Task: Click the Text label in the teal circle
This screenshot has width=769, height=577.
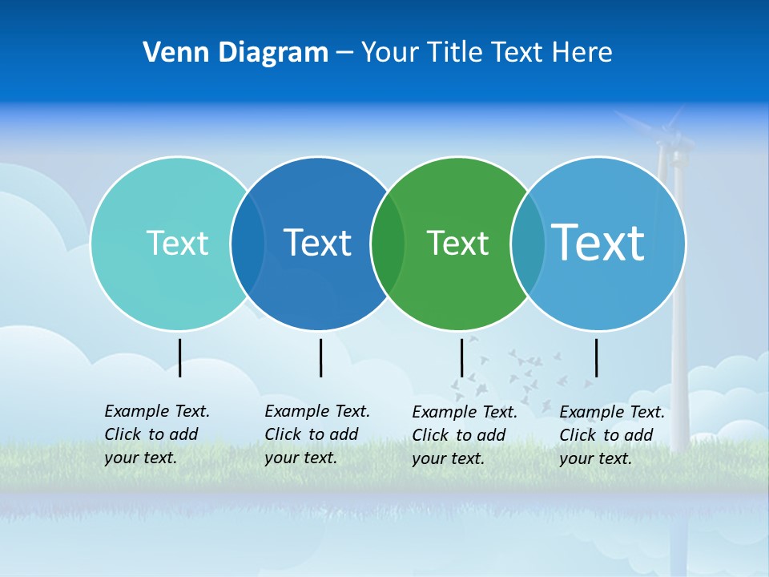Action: (x=177, y=243)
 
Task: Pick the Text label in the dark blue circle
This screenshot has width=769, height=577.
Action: (x=317, y=243)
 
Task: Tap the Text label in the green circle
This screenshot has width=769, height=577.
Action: (x=457, y=243)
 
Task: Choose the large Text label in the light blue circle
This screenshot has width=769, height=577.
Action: (x=598, y=242)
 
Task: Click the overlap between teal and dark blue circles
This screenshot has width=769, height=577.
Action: (x=248, y=244)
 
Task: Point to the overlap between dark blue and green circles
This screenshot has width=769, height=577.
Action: (x=388, y=244)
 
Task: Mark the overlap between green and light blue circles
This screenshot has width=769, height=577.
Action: (x=528, y=244)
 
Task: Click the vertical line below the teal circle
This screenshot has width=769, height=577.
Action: (x=180, y=357)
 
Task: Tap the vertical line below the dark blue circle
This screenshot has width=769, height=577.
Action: (x=320, y=357)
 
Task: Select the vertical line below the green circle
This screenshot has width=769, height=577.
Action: (x=461, y=357)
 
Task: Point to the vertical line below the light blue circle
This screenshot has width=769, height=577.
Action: (x=596, y=357)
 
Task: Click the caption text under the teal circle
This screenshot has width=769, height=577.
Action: (x=157, y=434)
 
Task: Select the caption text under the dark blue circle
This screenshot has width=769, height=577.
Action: (x=317, y=434)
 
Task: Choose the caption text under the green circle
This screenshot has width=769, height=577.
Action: (x=465, y=435)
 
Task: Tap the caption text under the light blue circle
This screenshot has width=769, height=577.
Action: (x=612, y=435)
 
